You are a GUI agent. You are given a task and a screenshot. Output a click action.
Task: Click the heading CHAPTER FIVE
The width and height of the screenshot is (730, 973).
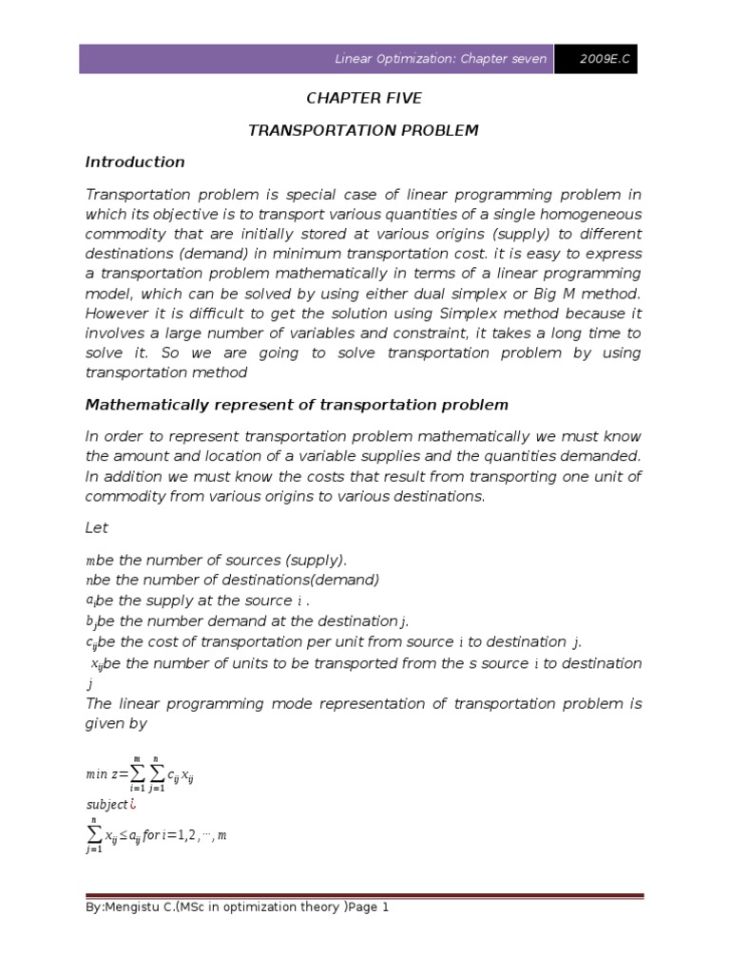[x=363, y=98]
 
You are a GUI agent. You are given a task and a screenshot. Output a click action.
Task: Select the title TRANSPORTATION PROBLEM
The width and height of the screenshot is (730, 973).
[x=363, y=130]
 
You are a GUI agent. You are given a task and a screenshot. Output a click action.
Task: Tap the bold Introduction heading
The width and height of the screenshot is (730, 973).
[x=135, y=162]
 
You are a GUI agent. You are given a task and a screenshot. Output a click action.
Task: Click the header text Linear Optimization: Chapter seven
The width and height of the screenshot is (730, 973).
[x=441, y=59]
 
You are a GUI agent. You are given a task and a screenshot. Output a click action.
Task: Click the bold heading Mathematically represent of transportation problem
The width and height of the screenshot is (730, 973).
[x=297, y=405]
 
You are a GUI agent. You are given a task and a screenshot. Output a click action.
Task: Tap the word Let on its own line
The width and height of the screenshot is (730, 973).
[x=97, y=527]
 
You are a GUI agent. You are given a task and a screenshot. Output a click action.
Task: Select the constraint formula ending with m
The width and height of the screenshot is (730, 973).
[x=156, y=835]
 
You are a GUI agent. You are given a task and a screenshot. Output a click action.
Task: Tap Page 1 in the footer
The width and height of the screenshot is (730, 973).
[x=370, y=907]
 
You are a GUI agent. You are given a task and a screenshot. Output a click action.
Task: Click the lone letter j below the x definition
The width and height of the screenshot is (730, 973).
[x=89, y=683]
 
